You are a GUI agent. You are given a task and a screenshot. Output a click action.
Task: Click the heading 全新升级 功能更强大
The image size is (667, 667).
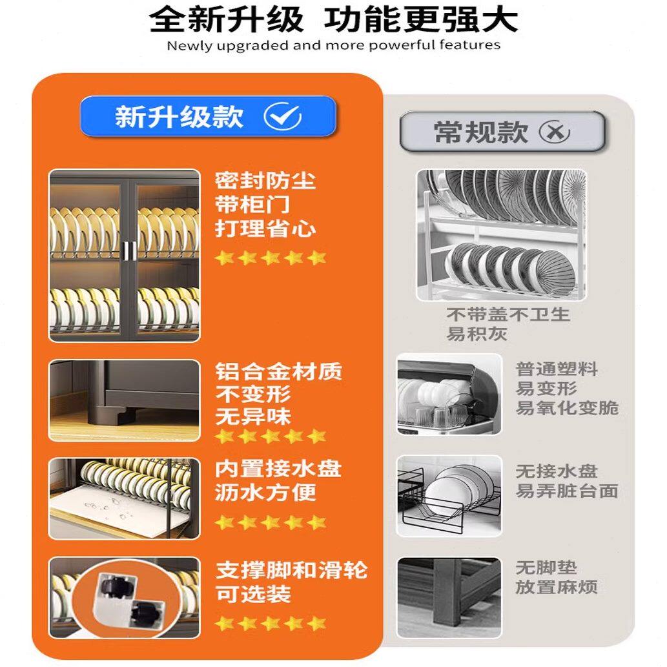[x=333, y=19]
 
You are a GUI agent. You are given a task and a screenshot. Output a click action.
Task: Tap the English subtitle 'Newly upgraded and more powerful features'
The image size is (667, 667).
[x=333, y=45]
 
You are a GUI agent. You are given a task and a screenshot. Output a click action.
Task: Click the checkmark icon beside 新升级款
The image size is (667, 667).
[x=282, y=117]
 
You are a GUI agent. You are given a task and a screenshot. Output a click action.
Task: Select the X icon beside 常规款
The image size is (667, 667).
[x=555, y=132]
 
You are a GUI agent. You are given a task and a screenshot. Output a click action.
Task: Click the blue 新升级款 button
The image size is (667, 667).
[x=207, y=117]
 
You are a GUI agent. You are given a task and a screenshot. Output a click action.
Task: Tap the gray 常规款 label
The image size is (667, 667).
[x=502, y=132]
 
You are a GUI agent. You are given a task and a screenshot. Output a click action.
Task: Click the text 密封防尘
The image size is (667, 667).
[x=265, y=180]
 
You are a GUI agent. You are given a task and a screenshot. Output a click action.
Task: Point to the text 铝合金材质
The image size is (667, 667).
[x=278, y=372]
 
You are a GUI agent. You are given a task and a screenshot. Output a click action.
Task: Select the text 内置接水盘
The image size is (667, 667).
[x=278, y=469]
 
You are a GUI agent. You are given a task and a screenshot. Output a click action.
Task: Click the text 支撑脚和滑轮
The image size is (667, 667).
[x=291, y=571]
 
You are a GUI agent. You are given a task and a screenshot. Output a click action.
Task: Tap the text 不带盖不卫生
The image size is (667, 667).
[x=508, y=314]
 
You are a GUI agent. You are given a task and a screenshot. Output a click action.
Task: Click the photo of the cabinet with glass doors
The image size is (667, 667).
[x=124, y=256]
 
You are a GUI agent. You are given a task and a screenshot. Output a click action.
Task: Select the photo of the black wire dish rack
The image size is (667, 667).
[x=449, y=495]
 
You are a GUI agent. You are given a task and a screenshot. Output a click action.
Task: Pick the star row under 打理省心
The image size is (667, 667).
[x=271, y=258]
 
